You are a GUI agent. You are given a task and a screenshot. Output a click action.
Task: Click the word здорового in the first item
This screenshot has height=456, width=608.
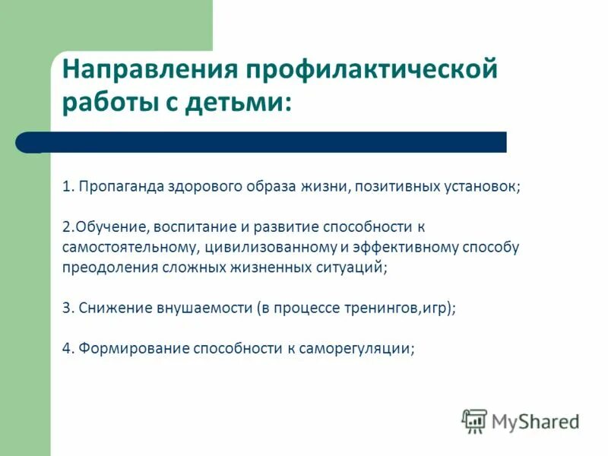point(193,187)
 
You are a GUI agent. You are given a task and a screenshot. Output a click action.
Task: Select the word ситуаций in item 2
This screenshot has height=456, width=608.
point(355,268)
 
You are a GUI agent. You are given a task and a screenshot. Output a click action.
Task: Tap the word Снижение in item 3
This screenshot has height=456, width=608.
point(109,308)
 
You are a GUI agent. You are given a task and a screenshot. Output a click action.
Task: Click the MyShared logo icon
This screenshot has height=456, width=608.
point(475,420)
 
